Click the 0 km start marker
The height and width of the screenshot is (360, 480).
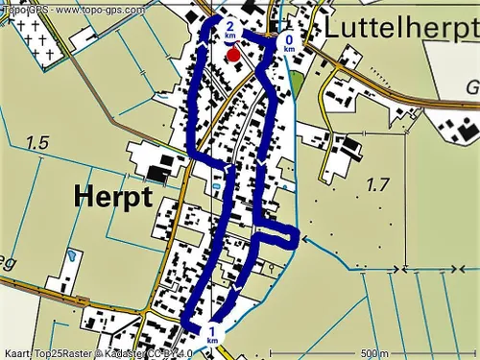coord(289,42)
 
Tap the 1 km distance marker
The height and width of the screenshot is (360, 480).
coord(212,333)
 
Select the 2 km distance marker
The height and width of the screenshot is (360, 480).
coord(229,29)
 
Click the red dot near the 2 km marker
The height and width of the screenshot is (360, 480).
coord(233,55)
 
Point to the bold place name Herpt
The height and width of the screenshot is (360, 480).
coord(112,197)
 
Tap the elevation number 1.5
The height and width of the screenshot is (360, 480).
coord(37,143)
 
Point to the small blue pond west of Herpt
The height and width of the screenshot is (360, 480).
coord(72,258)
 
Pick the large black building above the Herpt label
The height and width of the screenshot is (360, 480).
coord(156,173)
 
